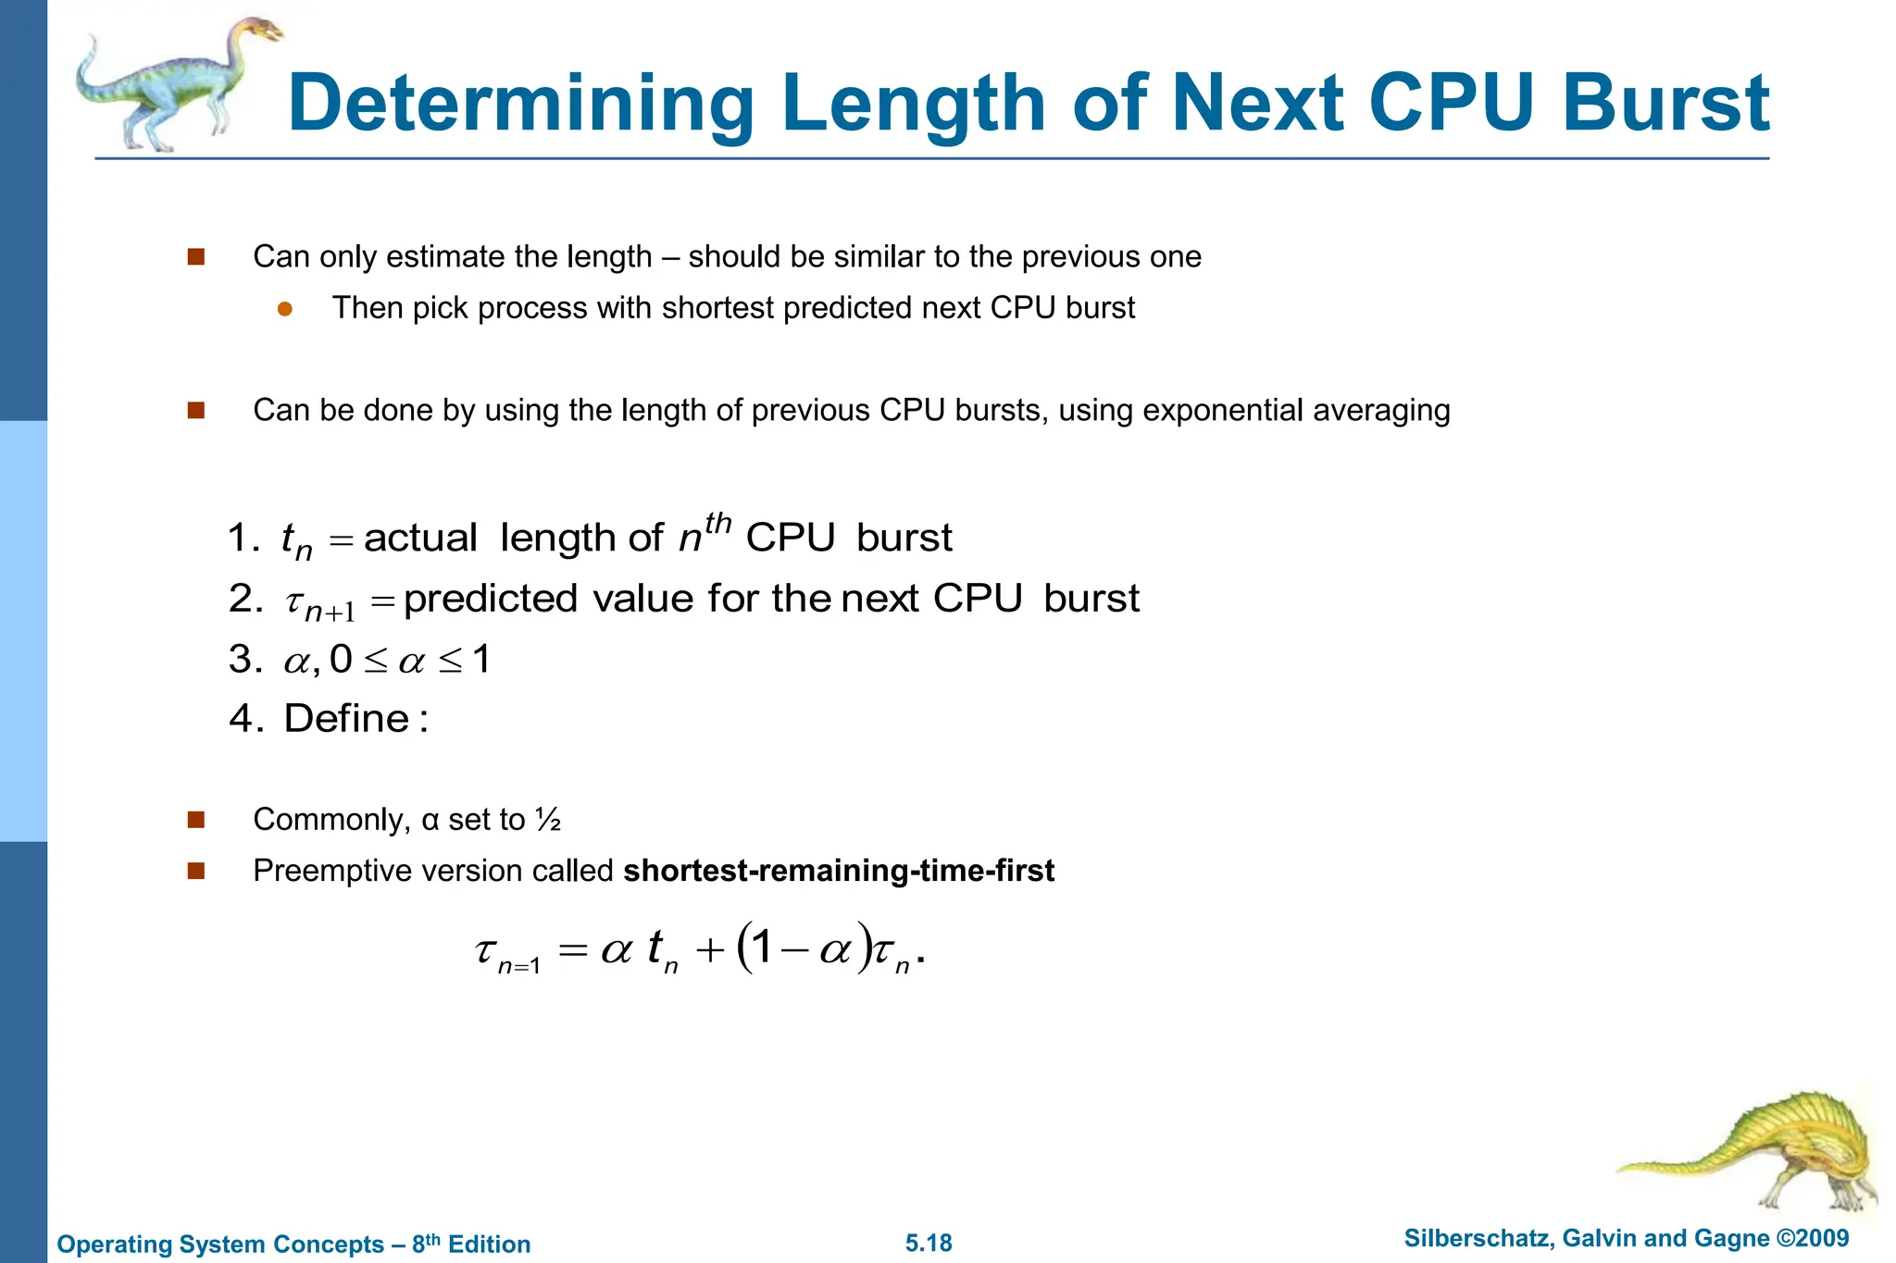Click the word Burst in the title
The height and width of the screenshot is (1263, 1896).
click(x=1665, y=103)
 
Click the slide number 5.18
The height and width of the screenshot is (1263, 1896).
click(x=929, y=1243)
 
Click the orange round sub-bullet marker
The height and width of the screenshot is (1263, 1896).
click(x=285, y=309)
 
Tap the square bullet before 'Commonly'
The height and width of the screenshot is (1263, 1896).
click(x=195, y=820)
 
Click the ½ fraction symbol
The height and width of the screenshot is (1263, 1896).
click(x=548, y=820)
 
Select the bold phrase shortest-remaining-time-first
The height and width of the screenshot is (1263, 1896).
click(x=839, y=871)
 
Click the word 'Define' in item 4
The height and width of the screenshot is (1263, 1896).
click(x=346, y=719)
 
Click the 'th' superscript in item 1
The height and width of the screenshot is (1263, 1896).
click(x=717, y=524)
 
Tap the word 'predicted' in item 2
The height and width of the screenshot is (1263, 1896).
click(x=491, y=599)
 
